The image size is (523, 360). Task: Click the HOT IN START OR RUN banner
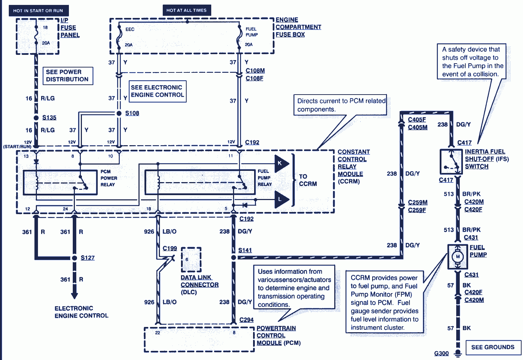[38, 11]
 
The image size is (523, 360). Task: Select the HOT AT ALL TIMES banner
[186, 10]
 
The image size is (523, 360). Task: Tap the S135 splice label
[49, 117]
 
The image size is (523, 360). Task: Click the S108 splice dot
[119, 113]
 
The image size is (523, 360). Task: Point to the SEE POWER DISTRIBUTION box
[67, 76]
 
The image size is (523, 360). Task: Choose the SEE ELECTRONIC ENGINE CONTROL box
[157, 91]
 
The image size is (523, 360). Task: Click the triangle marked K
[281, 163]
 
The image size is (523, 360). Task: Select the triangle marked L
[281, 199]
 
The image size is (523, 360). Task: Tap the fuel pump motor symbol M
[458, 257]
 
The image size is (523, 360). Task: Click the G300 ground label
[441, 353]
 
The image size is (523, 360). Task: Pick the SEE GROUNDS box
[493, 347]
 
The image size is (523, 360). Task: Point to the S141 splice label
[245, 250]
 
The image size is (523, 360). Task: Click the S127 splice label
[88, 258]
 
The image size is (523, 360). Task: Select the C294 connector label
[246, 320]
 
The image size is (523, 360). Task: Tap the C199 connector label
[170, 248]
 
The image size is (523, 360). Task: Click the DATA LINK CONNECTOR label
[199, 281]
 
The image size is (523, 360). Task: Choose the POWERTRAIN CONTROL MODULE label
[276, 335]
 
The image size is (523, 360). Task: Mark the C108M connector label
[255, 71]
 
